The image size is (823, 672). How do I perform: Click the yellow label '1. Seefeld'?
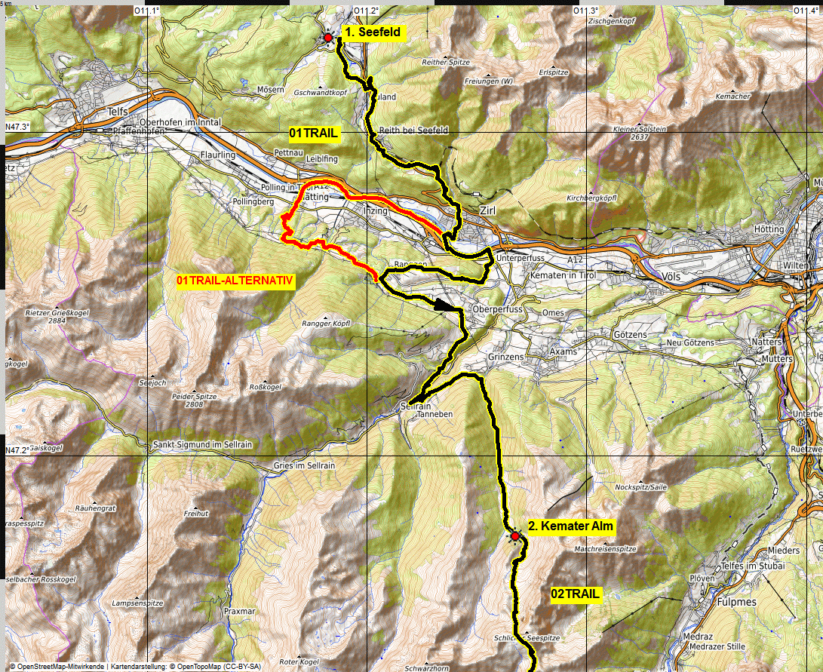click(373, 32)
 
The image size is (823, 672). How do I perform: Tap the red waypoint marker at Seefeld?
click(328, 37)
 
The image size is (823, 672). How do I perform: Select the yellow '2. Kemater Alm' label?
click(571, 526)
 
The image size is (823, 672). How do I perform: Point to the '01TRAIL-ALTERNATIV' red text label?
click(235, 281)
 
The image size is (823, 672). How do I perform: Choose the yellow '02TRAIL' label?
click(576, 594)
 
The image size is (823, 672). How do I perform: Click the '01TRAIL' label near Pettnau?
click(314, 133)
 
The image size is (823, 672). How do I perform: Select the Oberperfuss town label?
click(496, 310)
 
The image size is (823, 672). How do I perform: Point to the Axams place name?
click(563, 351)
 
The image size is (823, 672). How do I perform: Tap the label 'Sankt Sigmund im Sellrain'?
click(202, 444)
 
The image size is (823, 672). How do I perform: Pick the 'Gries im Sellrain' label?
click(305, 465)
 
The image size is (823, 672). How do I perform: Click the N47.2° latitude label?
click(17, 450)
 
